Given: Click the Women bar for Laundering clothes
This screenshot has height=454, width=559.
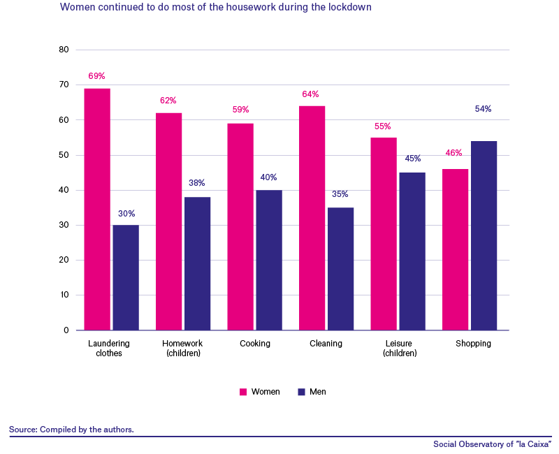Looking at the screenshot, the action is click(97, 209).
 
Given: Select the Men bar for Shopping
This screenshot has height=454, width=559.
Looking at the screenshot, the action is click(484, 235).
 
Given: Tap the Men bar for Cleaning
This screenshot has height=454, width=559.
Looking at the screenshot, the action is click(340, 269).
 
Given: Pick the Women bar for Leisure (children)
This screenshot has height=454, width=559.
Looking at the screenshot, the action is click(384, 234).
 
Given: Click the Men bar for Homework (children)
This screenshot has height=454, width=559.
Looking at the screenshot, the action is click(198, 264).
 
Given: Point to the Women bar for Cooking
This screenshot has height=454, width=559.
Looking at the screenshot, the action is click(240, 227).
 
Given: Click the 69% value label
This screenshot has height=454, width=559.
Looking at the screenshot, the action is click(96, 76).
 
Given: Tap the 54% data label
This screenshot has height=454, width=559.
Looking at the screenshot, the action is click(483, 109).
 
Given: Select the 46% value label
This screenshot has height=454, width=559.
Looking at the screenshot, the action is click(453, 153).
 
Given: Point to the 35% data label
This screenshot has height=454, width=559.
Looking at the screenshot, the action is click(340, 194).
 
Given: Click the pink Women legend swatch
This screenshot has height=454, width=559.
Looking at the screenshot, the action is click(243, 392).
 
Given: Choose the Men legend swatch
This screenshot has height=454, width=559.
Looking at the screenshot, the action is click(302, 392).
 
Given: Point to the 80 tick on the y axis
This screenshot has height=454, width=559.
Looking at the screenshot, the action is click(64, 50).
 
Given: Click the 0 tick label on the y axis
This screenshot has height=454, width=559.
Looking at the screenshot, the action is click(66, 330).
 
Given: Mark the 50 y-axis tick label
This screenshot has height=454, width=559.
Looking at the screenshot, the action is click(64, 155).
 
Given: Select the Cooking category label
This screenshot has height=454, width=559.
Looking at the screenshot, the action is click(255, 344).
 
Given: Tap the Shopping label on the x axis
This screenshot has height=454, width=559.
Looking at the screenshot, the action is click(473, 344).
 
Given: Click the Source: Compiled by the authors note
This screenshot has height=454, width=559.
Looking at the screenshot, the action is click(71, 430).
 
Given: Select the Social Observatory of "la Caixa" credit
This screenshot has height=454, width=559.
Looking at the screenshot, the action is click(493, 444).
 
